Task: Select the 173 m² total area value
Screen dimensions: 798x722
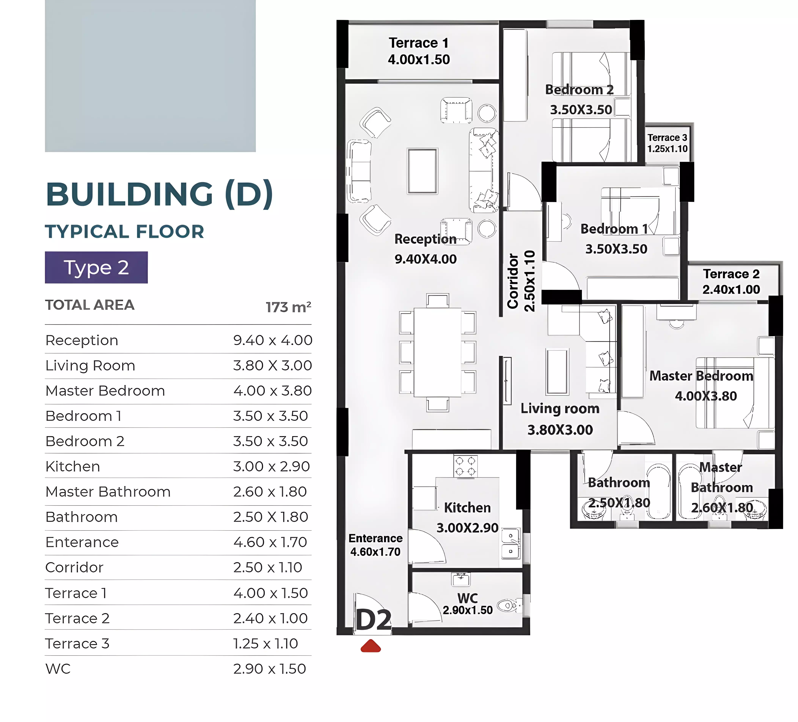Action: coord(288,307)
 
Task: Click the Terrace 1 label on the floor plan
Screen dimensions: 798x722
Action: coord(419,43)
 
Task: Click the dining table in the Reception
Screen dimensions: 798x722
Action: coord(437,352)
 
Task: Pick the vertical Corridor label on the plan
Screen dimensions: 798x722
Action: coord(513,281)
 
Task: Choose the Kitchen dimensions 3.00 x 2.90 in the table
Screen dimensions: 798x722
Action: coord(271,466)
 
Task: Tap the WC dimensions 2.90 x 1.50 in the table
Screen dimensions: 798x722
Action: coord(269,669)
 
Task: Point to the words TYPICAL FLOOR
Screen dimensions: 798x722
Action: coord(125,232)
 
